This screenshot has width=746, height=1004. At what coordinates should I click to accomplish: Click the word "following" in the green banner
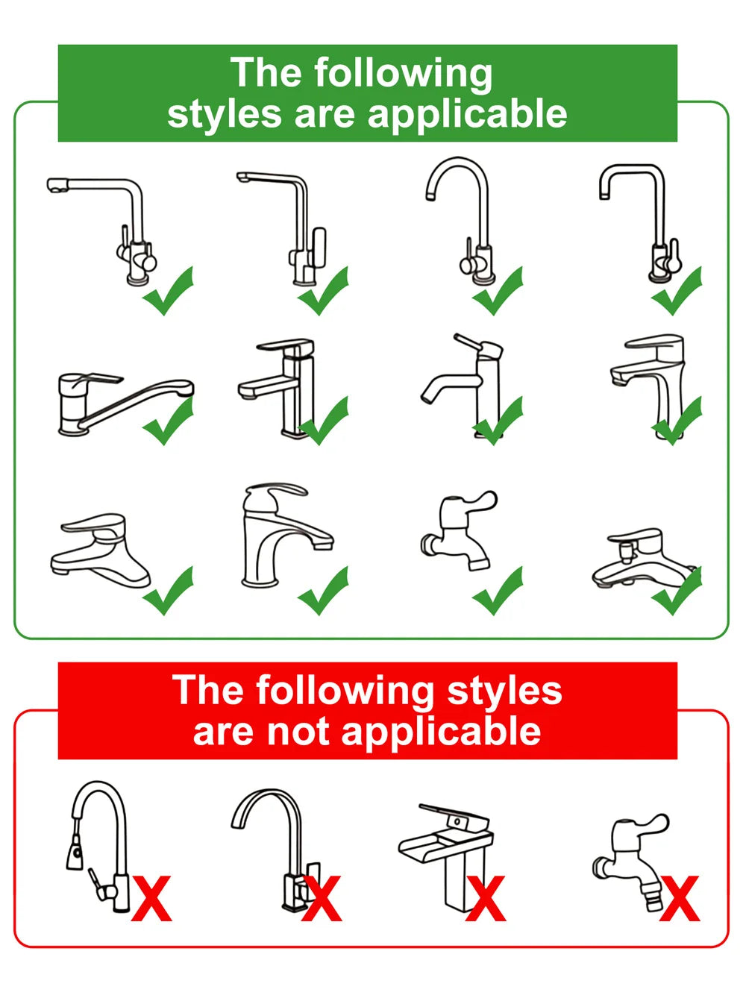pos(403,75)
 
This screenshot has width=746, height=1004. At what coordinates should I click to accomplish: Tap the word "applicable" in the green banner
pos(467,114)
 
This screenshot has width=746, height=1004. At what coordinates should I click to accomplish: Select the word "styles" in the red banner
pos(504,691)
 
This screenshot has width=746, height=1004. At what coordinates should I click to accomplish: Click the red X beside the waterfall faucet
pos(486,899)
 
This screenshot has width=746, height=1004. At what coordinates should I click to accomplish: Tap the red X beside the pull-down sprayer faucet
pos(151,899)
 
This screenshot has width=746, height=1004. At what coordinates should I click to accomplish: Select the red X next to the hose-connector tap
pos(679,899)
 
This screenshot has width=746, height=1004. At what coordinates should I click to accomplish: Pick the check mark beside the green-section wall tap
pos(498,592)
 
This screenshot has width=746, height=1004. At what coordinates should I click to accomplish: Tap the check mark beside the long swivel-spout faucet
pos(169,421)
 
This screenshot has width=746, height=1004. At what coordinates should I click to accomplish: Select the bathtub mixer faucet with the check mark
pos(642,559)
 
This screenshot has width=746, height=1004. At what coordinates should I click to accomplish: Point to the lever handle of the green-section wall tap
pos(477,501)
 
